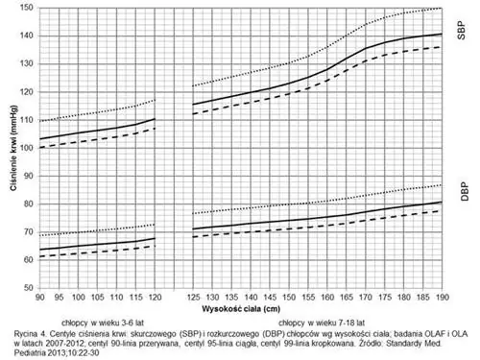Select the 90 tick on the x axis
pos(39,299)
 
